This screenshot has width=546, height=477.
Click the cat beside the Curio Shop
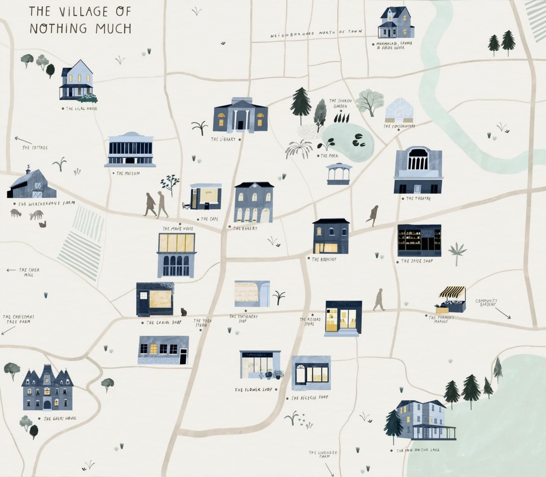coord(184,312)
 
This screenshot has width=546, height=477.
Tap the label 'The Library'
coord(223,139)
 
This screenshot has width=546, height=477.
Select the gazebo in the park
coord(339,174)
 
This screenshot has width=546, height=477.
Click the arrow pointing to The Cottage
coord(23,140)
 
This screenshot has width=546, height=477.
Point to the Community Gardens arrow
coord(503,313)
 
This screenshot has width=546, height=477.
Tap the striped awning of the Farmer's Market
coord(452,292)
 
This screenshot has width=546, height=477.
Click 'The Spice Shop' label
coord(417,261)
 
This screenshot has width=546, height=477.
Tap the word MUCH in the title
coord(113,29)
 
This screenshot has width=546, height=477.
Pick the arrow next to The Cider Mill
coord(11,270)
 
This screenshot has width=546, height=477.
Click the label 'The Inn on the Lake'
coord(418,450)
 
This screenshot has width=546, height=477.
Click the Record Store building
coord(343,318)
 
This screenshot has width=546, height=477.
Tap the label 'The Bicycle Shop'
coord(310,398)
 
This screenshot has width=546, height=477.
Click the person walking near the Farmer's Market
coord(379,299)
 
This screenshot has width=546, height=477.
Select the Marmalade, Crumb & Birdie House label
coord(394,46)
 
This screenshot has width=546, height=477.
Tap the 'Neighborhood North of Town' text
coord(316,33)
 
